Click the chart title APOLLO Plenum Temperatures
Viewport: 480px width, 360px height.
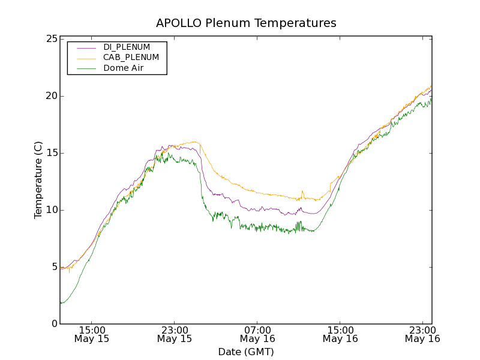coord(246,23)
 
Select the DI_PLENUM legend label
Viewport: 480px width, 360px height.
coord(127,47)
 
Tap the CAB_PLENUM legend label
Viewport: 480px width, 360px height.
coord(131,58)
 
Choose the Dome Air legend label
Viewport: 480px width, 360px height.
coord(124,68)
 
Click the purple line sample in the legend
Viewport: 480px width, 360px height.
coord(84,47)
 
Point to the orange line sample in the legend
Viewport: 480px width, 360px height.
coord(84,58)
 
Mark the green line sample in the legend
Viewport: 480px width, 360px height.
coord(84,68)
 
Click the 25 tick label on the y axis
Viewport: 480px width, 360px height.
coord(51,39)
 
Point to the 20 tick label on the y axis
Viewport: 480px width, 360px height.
coord(51,96)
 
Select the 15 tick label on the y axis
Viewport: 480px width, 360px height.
coord(51,153)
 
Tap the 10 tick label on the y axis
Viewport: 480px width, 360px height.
coord(51,210)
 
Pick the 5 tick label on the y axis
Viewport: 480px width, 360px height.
coord(54,267)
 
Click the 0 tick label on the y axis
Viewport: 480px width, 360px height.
coord(54,324)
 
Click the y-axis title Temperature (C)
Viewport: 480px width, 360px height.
coord(38,180)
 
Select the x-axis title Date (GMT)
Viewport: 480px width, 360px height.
coord(246,352)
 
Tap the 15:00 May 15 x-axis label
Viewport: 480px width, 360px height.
coord(92,334)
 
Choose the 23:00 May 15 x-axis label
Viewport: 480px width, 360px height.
coord(175,334)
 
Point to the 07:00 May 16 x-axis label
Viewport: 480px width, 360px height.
coord(257,334)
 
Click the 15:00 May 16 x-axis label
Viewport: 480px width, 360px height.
coord(340,334)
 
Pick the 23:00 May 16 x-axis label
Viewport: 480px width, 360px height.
coord(422,334)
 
